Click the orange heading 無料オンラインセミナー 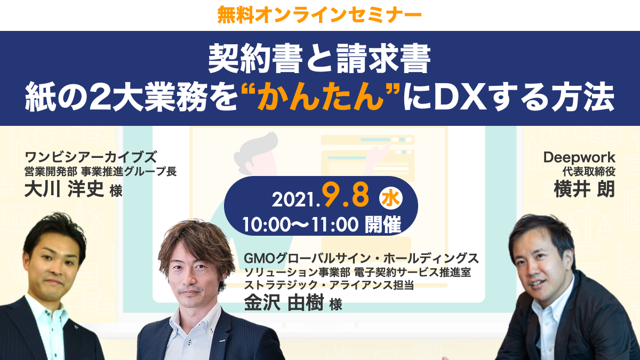tap(319, 15)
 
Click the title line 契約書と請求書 tap(319, 59)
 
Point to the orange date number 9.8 tap(346, 195)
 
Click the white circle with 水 tap(391, 198)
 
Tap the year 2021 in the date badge tap(294, 199)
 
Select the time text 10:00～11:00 tap(301, 225)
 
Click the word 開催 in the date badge tap(383, 225)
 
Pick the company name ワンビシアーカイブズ tap(91, 157)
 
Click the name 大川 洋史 tap(64, 189)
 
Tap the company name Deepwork tap(579, 158)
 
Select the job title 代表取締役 tap(589, 171)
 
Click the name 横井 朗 tap(585, 189)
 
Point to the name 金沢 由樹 tap(284, 302)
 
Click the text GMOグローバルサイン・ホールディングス tap(361, 259)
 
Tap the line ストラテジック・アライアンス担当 tap(329, 285)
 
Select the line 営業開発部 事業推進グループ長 tap(101, 171)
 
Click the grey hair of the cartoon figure tap(255, 151)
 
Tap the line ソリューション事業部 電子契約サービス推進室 tap(357, 272)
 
